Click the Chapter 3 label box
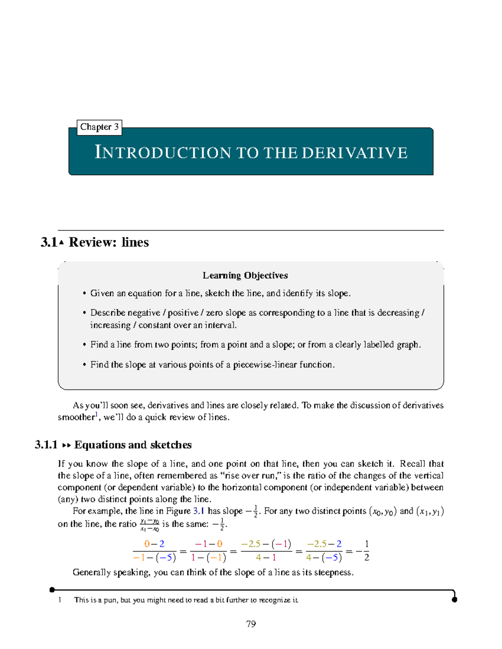click(x=99, y=127)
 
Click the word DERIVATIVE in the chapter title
click(x=354, y=153)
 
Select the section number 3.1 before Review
click(x=49, y=242)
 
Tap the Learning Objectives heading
click(x=245, y=275)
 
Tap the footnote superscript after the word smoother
click(x=96, y=415)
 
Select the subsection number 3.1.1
click(x=46, y=445)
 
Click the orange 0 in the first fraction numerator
click(x=147, y=544)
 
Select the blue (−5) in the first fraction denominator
click(x=166, y=557)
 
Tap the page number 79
click(x=251, y=624)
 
